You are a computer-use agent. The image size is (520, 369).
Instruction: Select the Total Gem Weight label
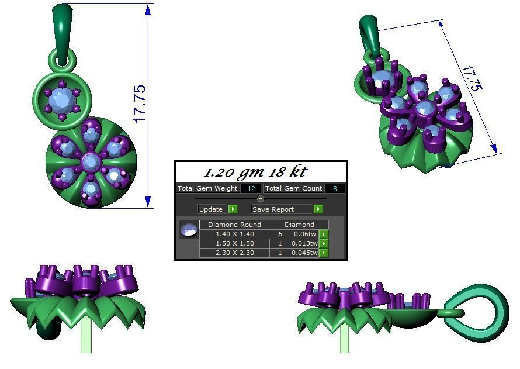click(207, 188)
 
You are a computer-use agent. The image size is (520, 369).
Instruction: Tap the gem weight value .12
click(251, 189)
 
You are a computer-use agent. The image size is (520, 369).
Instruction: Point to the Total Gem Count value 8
click(334, 189)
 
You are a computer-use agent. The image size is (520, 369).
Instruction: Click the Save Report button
click(281, 209)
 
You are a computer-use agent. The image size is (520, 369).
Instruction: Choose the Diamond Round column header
click(234, 225)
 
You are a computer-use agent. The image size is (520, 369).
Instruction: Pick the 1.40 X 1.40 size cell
click(234, 234)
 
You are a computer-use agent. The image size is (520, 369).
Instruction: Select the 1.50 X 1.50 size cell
click(234, 243)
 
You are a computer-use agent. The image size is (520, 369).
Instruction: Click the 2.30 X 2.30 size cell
click(234, 253)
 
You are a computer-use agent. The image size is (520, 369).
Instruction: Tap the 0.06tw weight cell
click(304, 234)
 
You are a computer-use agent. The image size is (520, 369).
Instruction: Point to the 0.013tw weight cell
click(304, 243)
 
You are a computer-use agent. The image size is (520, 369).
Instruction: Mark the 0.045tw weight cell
click(304, 253)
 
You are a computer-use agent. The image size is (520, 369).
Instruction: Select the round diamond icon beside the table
click(189, 230)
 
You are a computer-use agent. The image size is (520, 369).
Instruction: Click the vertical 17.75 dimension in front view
click(140, 104)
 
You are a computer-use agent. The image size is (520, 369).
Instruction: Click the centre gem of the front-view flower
click(91, 161)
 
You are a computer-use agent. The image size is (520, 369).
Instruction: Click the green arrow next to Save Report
click(318, 209)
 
